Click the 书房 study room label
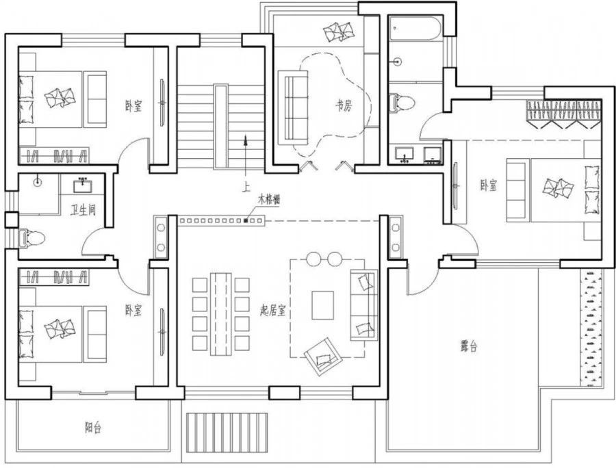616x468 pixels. click(x=344, y=105)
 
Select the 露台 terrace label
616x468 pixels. click(x=469, y=346)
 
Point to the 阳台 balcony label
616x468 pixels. click(x=93, y=428)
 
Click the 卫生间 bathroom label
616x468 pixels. click(x=83, y=210)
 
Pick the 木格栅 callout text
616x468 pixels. click(x=269, y=199)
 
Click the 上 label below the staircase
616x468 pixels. click(x=246, y=187)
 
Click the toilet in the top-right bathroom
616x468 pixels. click(x=402, y=103)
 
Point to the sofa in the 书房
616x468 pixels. click(x=293, y=107)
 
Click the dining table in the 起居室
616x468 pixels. click(x=220, y=313)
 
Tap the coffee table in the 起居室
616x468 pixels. click(x=323, y=305)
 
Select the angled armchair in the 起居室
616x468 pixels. click(x=322, y=356)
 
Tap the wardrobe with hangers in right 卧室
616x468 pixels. click(x=564, y=114)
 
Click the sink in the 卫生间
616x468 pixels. click(x=83, y=185)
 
